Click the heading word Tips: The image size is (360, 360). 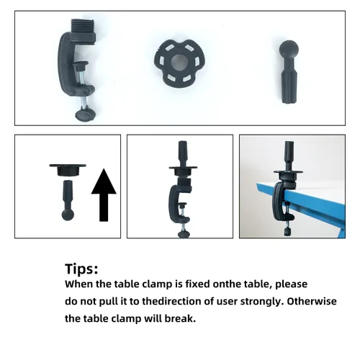tap(81, 269)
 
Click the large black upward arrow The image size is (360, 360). tap(104, 195)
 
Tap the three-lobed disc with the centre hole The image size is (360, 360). tap(179, 63)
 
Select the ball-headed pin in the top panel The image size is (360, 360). tap(289, 71)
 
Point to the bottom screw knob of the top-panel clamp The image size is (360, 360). tap(86, 114)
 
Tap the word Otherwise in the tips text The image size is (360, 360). tap(312, 301)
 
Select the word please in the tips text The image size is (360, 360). tap(291, 284)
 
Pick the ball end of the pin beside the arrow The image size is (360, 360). tap(68, 215)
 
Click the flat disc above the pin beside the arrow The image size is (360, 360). tap(68, 170)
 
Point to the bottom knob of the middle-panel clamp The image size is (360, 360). tap(184, 234)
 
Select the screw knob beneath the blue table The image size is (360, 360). tap(288, 232)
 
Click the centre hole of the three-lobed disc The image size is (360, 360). tap(179, 63)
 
